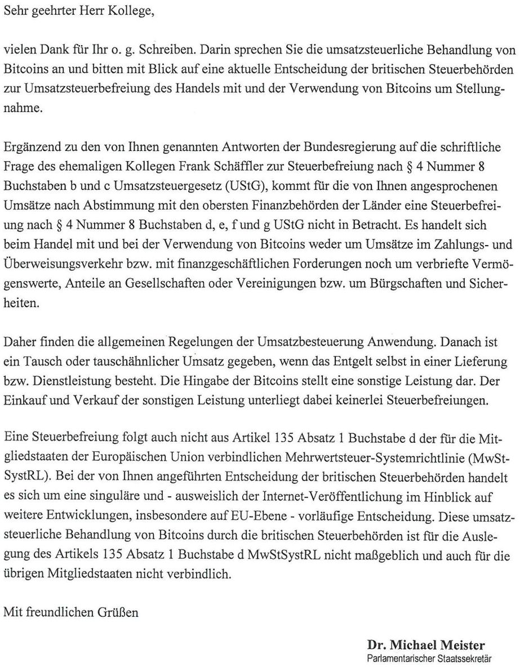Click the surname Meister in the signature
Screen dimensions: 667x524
(x=463, y=644)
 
